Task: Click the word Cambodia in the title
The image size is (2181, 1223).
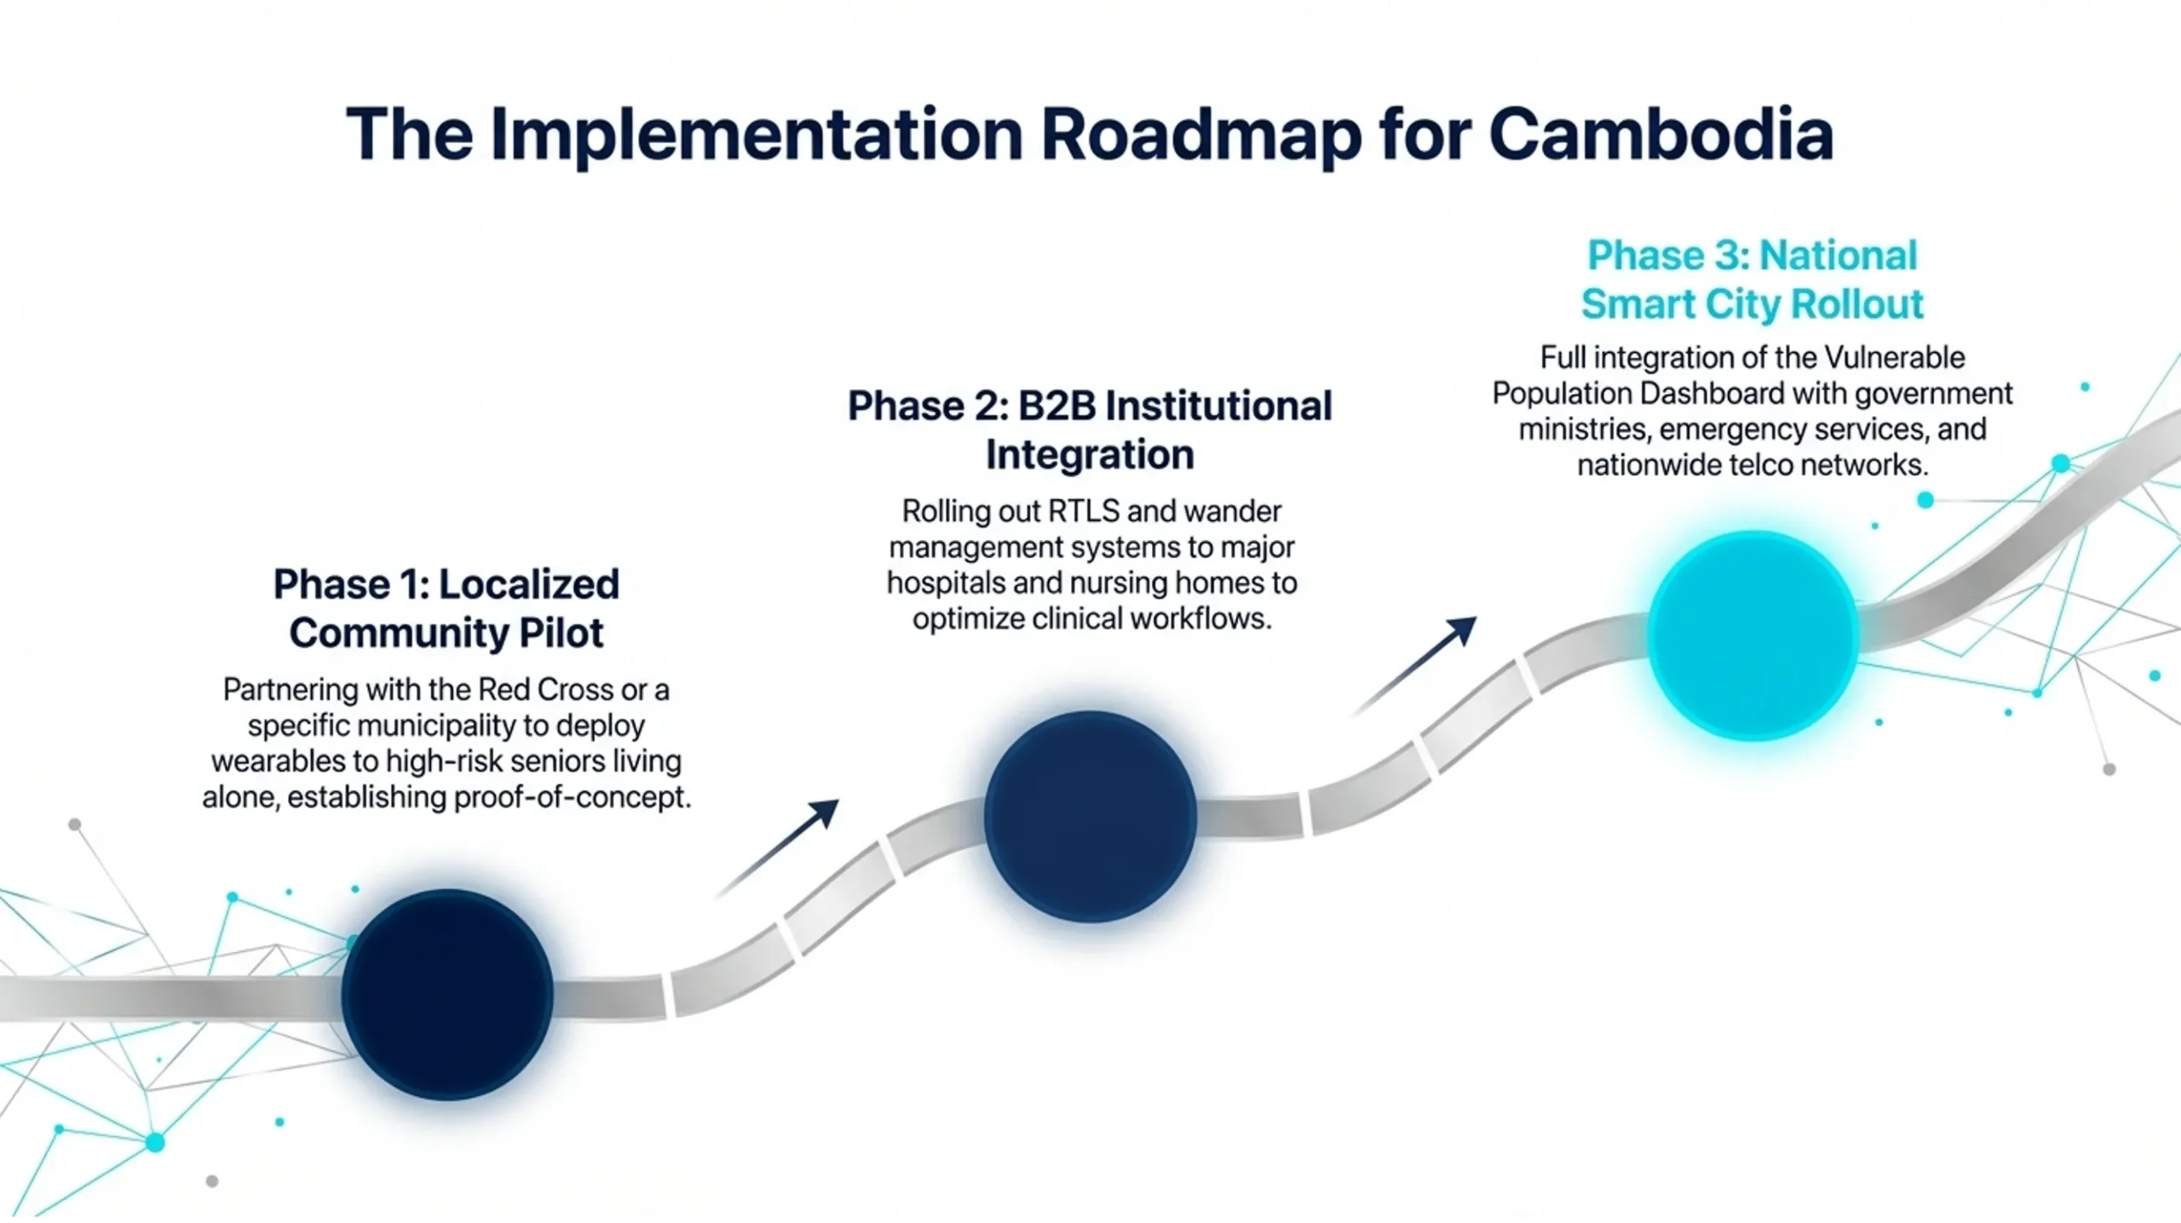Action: pyautogui.click(x=1660, y=135)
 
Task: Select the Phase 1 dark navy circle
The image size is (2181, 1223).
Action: pyautogui.click(x=447, y=994)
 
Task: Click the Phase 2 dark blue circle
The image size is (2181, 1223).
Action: pyautogui.click(x=1090, y=816)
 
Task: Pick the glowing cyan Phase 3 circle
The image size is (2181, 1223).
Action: pyautogui.click(x=1753, y=635)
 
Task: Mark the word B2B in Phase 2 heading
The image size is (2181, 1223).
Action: pyautogui.click(x=1056, y=405)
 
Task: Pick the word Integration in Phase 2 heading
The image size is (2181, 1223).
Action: pyautogui.click(x=1090, y=454)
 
